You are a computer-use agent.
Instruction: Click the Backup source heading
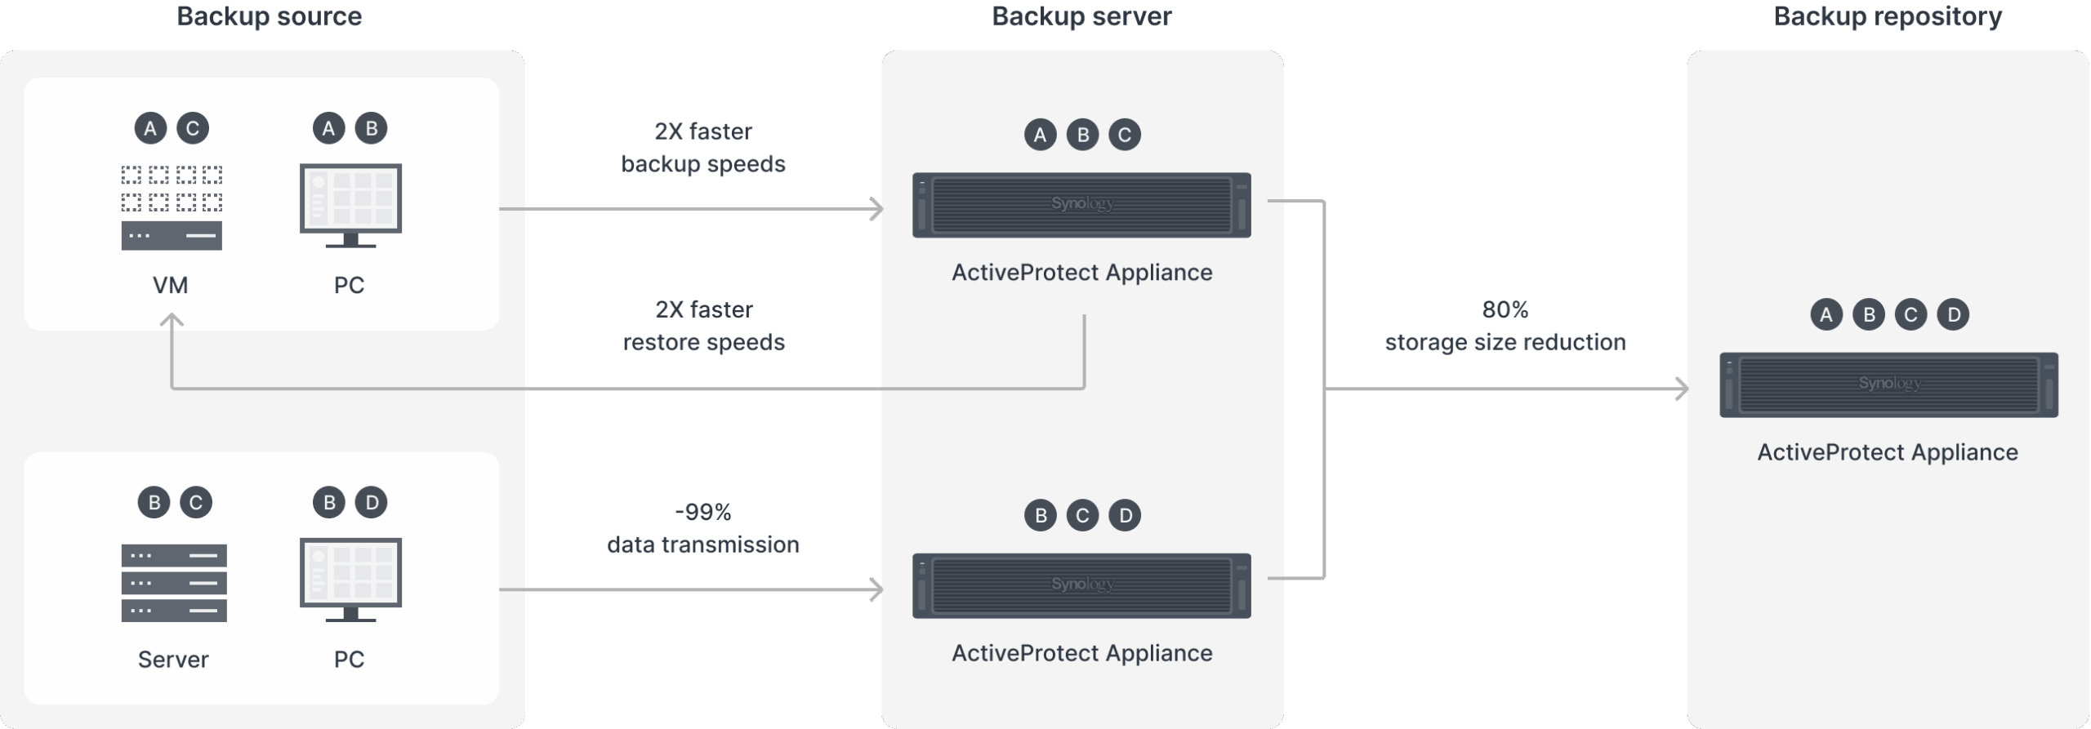pyautogui.click(x=269, y=16)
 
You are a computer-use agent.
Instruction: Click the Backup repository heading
pyautogui.click(x=1887, y=16)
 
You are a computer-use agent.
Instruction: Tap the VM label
pyautogui.click(x=170, y=285)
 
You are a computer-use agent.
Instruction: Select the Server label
pyautogui.click(x=173, y=659)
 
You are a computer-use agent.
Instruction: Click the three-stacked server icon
pyautogui.click(x=173, y=583)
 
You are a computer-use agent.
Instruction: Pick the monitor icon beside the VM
pyautogui.click(x=350, y=206)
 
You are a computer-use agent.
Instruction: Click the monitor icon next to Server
pyautogui.click(x=350, y=580)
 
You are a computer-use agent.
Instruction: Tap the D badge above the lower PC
pyautogui.click(x=372, y=502)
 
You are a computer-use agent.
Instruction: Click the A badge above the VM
pyautogui.click(x=150, y=128)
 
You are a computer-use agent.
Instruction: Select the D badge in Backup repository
pyautogui.click(x=1953, y=314)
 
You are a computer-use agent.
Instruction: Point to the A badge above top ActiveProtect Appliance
pyautogui.click(x=1040, y=135)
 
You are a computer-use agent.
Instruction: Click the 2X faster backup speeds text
pyautogui.click(x=703, y=148)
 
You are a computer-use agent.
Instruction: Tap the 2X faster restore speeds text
pyautogui.click(x=703, y=326)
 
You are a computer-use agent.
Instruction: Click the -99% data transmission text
pyautogui.click(x=703, y=528)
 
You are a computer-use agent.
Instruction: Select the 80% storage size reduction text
pyautogui.click(x=1505, y=326)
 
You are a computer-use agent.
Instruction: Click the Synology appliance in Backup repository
pyautogui.click(x=1888, y=385)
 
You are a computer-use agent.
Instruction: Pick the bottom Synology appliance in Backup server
pyautogui.click(x=1081, y=585)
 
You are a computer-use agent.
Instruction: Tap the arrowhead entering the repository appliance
pyautogui.click(x=1682, y=389)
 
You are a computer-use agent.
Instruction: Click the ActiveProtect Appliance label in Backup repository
pyautogui.click(x=1887, y=452)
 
